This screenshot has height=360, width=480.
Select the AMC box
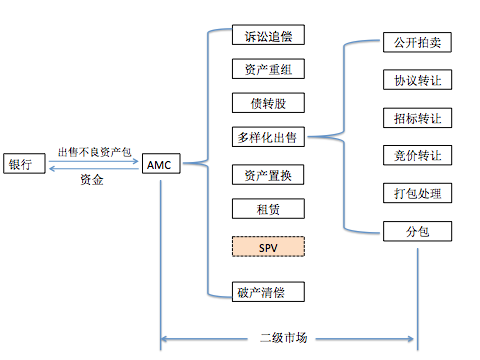click(160, 164)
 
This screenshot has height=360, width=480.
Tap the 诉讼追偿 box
click(267, 37)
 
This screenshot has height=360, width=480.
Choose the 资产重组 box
click(267, 71)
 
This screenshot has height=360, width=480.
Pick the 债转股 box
click(267, 104)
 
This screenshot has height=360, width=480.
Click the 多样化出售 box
click(267, 138)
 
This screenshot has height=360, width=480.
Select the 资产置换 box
click(267, 175)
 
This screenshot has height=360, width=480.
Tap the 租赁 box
click(267, 209)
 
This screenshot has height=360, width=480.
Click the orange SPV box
click(267, 246)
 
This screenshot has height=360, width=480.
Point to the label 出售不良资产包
click(94, 151)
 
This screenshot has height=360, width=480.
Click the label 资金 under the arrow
click(92, 180)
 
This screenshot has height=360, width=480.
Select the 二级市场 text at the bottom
click(287, 336)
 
